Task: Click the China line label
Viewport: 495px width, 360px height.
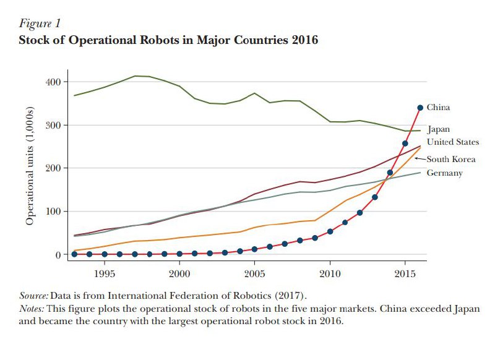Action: click(x=438, y=108)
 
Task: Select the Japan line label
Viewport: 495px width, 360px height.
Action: click(x=438, y=130)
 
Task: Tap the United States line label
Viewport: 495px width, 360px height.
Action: click(x=453, y=142)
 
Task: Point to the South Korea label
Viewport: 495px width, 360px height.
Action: click(x=450, y=160)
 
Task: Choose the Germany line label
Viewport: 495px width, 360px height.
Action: click(x=444, y=173)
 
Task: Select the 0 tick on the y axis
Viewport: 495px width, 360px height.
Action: click(x=57, y=255)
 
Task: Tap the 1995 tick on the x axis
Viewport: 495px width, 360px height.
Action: click(x=104, y=273)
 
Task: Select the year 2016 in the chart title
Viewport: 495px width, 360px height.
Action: click(x=304, y=41)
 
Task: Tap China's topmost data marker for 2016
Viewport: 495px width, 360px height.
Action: click(x=420, y=108)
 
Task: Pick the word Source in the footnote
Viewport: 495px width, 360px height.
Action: click(x=33, y=295)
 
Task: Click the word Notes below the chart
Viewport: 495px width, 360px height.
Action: click(x=32, y=308)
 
